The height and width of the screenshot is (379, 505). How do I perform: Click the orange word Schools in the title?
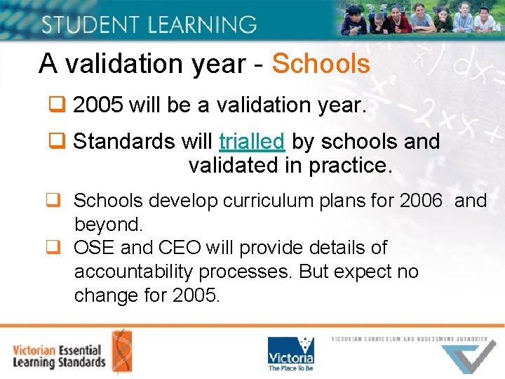click(x=321, y=64)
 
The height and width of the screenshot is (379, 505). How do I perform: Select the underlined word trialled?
click(x=251, y=141)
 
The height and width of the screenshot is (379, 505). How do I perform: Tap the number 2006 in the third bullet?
click(x=421, y=201)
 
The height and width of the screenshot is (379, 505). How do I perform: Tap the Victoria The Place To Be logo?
click(x=290, y=353)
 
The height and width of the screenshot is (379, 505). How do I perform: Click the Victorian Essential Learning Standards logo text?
click(x=59, y=356)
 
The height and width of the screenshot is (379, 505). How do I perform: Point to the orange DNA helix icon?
click(x=121, y=350)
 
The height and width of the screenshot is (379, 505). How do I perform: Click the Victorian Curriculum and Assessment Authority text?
click(x=410, y=339)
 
